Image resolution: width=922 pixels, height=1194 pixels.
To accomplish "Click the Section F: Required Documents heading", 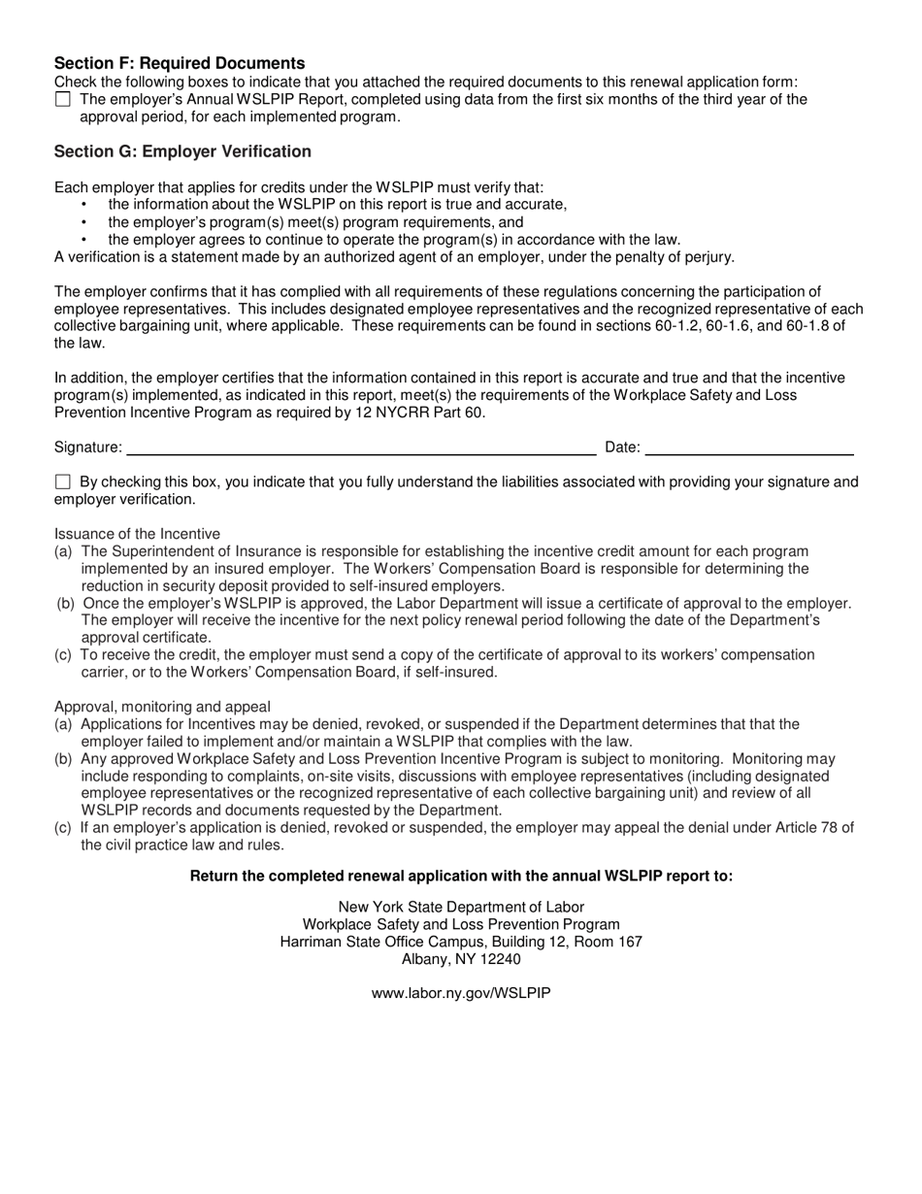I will point(179,63).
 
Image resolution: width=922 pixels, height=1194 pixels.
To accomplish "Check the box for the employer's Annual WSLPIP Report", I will point(63,99).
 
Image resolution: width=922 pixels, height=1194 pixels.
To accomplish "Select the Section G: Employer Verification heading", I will point(182,151).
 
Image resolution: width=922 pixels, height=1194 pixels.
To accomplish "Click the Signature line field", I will point(361,448).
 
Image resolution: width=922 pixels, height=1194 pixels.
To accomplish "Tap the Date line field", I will point(749,448).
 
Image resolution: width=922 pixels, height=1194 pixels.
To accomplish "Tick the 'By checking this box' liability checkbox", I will point(63,481).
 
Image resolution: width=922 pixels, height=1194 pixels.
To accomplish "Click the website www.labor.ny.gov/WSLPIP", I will point(461,993).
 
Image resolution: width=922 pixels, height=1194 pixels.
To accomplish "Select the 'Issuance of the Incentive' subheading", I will point(137,534).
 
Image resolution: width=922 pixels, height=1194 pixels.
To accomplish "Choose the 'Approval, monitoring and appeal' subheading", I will point(162,707).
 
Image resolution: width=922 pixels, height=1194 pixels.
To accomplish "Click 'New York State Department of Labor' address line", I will point(461,907).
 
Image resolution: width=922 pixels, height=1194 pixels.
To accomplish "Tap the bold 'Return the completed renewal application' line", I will point(461,876).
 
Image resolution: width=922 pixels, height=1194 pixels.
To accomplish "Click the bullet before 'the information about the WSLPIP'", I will point(83,205).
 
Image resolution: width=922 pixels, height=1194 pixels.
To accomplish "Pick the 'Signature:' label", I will point(88,448).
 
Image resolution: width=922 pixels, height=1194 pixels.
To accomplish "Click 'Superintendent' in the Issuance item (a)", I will point(159,551).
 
